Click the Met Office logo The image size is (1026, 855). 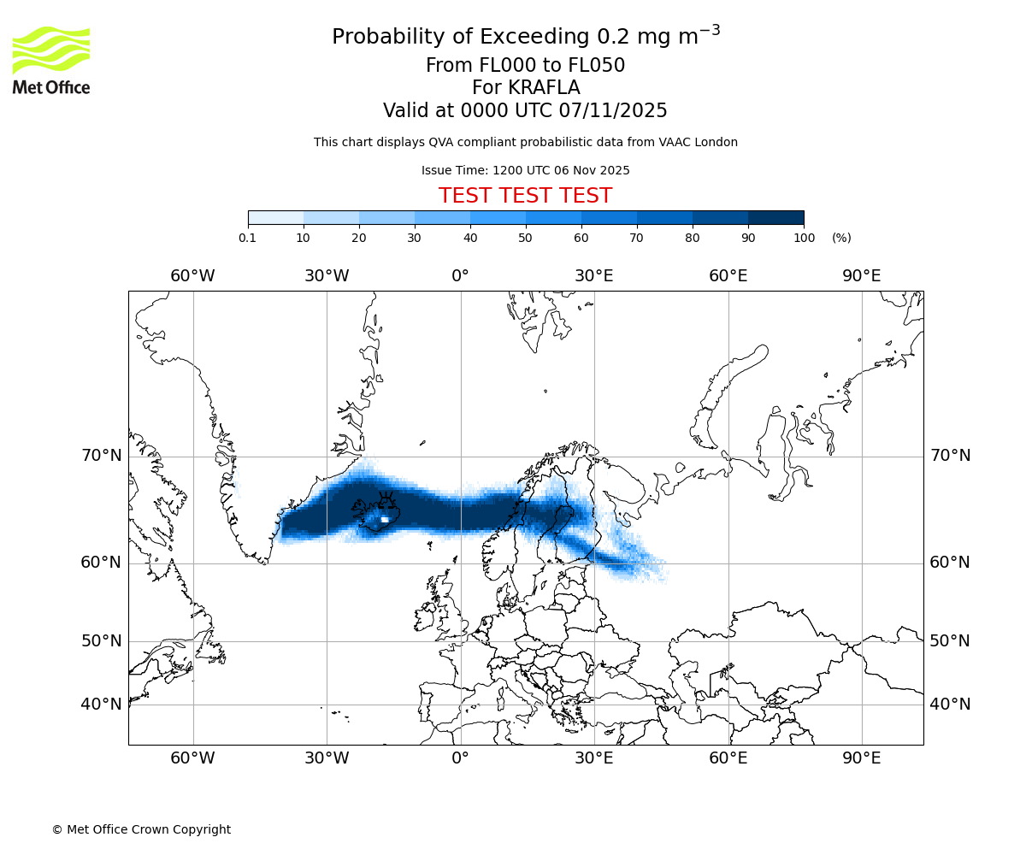tap(51, 60)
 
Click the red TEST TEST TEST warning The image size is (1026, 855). tap(525, 196)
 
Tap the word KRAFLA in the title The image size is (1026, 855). tap(544, 88)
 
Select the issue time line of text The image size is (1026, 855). tap(525, 170)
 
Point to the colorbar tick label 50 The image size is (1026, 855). tap(525, 238)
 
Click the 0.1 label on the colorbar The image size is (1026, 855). tap(248, 238)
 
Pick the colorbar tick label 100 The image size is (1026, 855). tap(804, 238)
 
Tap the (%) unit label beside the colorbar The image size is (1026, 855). tap(841, 238)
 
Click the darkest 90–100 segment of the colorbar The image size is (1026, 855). tap(775, 217)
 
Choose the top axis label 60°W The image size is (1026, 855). tap(192, 275)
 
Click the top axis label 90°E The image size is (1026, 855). tap(862, 275)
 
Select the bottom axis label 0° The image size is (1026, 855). tap(461, 758)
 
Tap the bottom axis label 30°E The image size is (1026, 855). tap(594, 758)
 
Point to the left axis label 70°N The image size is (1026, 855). tap(102, 456)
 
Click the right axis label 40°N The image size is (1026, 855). tap(950, 705)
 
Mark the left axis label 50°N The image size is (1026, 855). tap(102, 641)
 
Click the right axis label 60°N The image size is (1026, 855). tap(950, 563)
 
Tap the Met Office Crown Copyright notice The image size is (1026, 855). tap(141, 829)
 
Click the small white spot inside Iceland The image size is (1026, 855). tap(385, 519)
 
